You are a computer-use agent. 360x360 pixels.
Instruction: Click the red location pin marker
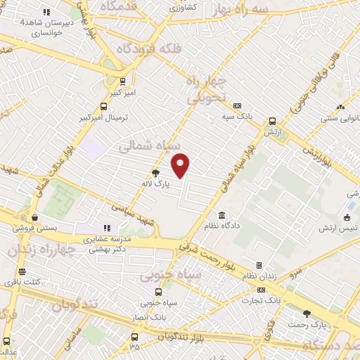(181, 165)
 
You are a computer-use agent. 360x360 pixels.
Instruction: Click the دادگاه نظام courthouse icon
(222, 214)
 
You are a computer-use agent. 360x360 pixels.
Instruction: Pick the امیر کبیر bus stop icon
(124, 81)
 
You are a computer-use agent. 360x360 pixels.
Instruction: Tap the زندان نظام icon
(259, 265)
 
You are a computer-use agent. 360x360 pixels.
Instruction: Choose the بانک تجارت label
(269, 300)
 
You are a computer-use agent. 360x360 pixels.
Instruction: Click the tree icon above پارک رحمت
(306, 314)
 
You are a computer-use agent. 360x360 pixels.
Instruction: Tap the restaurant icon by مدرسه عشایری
(107, 228)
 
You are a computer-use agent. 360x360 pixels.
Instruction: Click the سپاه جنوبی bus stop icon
(156, 292)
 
